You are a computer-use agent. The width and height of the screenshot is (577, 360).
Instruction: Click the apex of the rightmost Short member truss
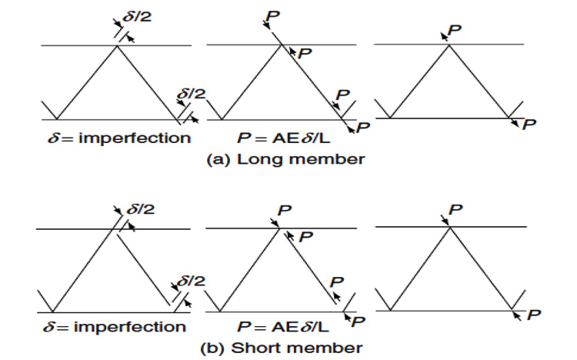[449, 227]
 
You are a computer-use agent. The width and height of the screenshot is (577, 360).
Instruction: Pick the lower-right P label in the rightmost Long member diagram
[529, 125]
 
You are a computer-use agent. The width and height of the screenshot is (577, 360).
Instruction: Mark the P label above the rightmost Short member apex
[455, 210]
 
